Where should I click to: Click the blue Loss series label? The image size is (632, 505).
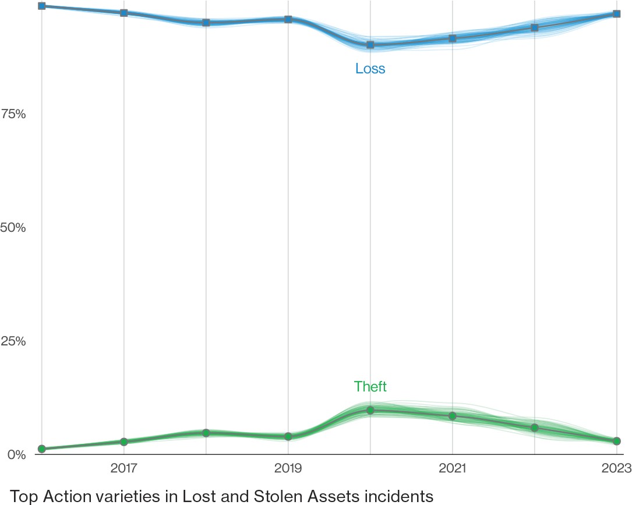pyautogui.click(x=370, y=69)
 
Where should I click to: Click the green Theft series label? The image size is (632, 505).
pyautogui.click(x=370, y=387)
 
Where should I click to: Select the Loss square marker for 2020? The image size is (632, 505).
pyautogui.click(x=370, y=45)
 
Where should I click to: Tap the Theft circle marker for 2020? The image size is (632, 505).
pyautogui.click(x=370, y=410)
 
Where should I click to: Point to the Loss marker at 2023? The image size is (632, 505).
pyautogui.click(x=617, y=13)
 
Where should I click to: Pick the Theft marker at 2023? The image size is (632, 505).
pyautogui.click(x=617, y=441)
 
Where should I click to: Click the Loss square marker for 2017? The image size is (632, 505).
pyautogui.click(x=124, y=13)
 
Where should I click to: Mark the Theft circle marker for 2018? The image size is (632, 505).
pyautogui.click(x=206, y=433)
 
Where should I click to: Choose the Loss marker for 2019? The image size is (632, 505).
pyautogui.click(x=288, y=19)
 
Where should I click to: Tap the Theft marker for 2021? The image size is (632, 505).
pyautogui.click(x=452, y=416)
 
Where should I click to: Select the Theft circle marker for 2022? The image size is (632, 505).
pyautogui.click(x=535, y=428)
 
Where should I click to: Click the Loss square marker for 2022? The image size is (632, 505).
pyautogui.click(x=535, y=27)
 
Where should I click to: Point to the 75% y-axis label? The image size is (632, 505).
pyautogui.click(x=13, y=114)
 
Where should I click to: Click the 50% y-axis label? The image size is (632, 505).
pyautogui.click(x=13, y=228)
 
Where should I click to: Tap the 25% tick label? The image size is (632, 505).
pyautogui.click(x=13, y=341)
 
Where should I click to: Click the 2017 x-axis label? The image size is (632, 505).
pyautogui.click(x=124, y=469)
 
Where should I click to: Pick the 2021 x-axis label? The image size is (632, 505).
pyautogui.click(x=452, y=469)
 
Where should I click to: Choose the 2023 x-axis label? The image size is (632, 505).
pyautogui.click(x=616, y=469)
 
